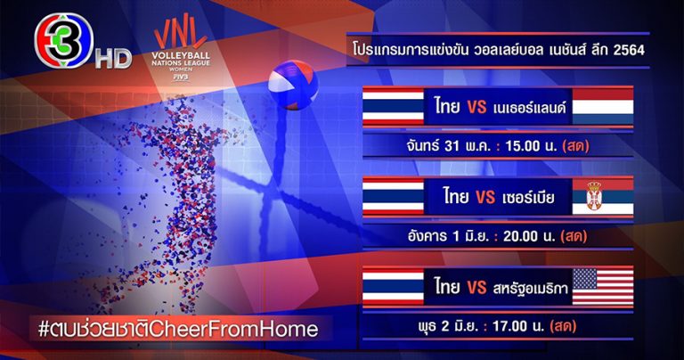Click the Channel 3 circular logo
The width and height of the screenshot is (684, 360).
[x=64, y=41]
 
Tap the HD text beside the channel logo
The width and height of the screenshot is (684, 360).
[x=113, y=59]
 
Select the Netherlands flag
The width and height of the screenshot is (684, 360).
[x=602, y=106]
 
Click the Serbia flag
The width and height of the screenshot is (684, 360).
[x=602, y=196]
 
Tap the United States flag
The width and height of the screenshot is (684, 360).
[x=602, y=286]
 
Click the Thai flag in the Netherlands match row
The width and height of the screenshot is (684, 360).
[x=393, y=106]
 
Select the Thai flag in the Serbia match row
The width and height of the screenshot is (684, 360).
[x=393, y=196]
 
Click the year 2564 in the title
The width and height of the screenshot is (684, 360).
[x=629, y=50]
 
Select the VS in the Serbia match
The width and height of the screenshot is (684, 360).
[x=485, y=197]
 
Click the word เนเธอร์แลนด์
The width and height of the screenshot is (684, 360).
[x=529, y=107]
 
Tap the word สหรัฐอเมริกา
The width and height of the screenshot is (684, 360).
[x=531, y=288]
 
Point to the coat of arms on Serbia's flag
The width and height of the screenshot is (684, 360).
[x=594, y=196]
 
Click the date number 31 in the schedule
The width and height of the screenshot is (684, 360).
[x=452, y=146]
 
